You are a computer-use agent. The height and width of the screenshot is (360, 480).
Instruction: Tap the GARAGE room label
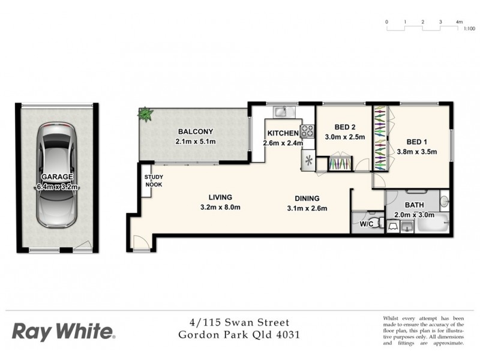pos(57,177)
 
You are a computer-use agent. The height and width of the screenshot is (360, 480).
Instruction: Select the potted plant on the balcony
pos(145,113)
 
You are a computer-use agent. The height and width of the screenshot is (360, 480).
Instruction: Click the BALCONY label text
pos(195,132)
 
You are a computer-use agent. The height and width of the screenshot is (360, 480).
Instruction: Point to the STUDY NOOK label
pos(153,181)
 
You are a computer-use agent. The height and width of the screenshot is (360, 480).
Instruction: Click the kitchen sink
pos(282,111)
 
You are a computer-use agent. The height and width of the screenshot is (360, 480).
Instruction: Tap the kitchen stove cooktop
pos(307,130)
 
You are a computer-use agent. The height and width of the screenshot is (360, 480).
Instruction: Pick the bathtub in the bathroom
pos(431,224)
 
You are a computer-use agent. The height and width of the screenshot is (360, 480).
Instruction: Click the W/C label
pos(367,224)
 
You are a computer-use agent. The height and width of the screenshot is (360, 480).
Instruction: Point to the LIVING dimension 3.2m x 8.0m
pos(220,208)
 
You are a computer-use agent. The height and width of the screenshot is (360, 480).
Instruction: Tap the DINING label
pos(307,199)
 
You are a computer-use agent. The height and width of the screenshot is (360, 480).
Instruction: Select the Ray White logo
pos(63,331)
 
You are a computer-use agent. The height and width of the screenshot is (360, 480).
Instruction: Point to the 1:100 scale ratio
pos(469,28)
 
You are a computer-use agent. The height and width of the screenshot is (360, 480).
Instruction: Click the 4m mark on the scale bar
pos(460,22)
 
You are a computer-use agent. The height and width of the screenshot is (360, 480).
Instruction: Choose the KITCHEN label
pos(283,133)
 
